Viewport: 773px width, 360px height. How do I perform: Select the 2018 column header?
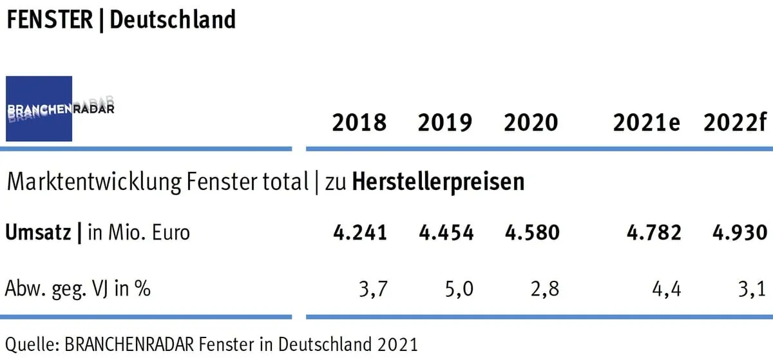pos(359,122)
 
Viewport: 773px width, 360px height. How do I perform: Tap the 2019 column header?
pos(445,122)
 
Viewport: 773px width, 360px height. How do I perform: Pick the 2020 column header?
pos(531,122)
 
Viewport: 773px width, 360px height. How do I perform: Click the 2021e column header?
pos(646,122)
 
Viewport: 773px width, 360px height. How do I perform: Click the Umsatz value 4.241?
pos(360,232)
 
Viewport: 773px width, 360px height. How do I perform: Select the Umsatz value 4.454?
pos(446,232)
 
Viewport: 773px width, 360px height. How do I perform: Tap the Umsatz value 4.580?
pos(531,232)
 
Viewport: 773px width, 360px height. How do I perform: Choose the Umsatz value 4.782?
pos(654,232)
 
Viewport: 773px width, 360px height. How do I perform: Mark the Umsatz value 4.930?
pos(740,232)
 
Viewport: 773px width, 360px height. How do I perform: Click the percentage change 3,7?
pos(374,289)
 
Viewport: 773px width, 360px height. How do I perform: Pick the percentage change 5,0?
pos(459,289)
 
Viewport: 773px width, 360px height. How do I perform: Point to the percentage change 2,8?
pos(545,289)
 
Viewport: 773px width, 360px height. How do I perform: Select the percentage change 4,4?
pos(667,289)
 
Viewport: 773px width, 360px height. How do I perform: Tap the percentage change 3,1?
pos(753,289)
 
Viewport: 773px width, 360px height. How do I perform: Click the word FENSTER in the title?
pos(49,19)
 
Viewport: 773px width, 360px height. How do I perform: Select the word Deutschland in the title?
pos(173,19)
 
